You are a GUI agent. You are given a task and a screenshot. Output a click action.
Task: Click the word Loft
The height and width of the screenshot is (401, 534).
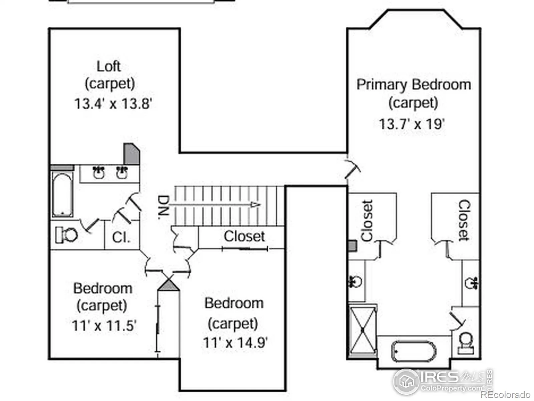coord(108,66)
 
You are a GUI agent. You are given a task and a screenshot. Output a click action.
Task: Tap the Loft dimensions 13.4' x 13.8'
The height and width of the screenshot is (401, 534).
coord(113,104)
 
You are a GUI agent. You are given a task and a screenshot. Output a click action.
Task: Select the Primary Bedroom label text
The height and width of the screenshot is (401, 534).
coord(414,85)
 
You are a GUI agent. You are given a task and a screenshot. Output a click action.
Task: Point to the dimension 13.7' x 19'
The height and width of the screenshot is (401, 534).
coord(412,124)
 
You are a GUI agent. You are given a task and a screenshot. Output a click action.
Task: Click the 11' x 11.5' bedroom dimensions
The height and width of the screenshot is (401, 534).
coord(104,325)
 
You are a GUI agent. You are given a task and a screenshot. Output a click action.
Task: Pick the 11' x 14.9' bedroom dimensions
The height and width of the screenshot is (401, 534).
coord(235,342)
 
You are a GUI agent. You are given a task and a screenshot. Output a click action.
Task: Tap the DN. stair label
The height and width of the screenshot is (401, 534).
coord(163,207)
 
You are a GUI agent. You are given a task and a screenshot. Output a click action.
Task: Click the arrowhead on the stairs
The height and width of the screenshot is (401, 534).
coord(255,205)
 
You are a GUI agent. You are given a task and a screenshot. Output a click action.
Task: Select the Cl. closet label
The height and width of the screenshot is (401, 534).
coord(121,237)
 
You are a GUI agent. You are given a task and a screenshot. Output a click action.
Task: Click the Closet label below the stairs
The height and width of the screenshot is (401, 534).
coord(244,236)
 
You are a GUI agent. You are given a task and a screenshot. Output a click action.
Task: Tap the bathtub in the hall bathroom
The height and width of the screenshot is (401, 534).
coord(62,194)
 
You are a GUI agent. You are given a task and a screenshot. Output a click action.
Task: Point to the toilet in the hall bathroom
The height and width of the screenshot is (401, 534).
coord(66,235)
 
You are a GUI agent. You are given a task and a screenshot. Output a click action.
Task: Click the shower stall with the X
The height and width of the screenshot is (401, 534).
coord(362,330)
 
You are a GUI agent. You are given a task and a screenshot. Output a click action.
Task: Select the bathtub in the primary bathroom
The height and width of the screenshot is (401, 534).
coord(414,352)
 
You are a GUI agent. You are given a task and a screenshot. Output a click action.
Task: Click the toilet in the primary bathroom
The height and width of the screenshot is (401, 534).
coord(466,344)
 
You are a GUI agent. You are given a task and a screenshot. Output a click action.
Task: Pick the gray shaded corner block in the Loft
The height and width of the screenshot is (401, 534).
coord(131,154)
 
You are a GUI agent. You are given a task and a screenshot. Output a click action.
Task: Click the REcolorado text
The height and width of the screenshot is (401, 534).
coord(506,394)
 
